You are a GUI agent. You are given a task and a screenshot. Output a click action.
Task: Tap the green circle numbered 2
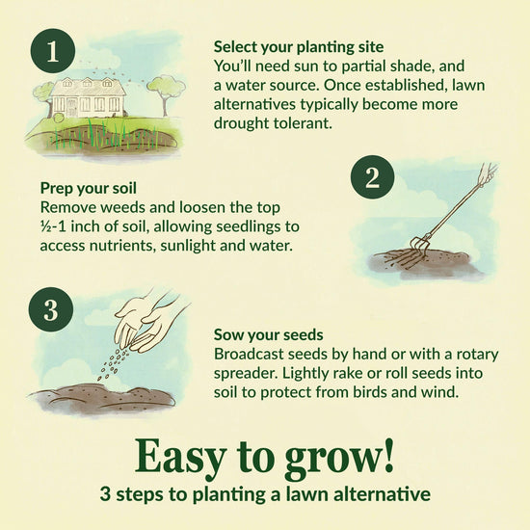pos(372,176)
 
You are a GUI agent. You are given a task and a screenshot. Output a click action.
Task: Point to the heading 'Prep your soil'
pos(89,188)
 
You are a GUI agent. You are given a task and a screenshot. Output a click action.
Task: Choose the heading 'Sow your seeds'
pos(269,335)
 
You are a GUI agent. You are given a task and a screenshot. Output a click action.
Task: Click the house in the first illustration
pos(88,97)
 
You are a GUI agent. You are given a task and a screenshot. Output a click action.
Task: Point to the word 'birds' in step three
pos(370,392)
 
